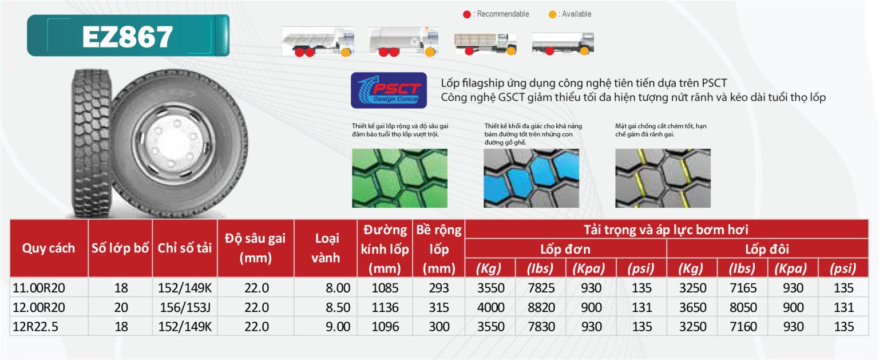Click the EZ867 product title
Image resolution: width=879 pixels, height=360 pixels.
(x=128, y=37)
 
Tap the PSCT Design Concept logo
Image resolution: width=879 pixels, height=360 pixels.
(x=389, y=90)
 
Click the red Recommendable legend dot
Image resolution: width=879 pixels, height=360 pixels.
(x=466, y=14)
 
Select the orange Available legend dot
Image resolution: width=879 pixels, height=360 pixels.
(x=552, y=14)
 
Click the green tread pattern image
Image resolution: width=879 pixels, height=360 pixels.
(x=399, y=178)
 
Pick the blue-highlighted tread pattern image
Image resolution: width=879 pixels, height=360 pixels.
(x=531, y=178)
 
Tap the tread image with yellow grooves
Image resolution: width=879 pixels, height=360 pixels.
(x=663, y=178)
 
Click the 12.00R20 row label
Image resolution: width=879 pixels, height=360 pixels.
(x=39, y=307)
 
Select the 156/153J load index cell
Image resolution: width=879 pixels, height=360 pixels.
(x=185, y=307)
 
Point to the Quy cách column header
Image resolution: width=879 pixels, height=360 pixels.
(x=49, y=248)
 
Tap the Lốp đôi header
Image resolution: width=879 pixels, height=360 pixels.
(x=767, y=250)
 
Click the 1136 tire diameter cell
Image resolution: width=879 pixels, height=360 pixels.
(x=385, y=307)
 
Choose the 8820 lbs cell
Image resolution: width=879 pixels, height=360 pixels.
(x=541, y=307)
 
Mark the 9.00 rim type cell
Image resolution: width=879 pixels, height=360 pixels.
(x=338, y=327)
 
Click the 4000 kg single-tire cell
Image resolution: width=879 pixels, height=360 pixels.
(x=490, y=307)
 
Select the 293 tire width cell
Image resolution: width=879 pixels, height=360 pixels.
(x=439, y=288)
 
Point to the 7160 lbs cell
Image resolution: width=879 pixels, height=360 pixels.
(x=743, y=327)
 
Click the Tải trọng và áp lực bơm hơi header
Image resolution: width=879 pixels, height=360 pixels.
(x=666, y=230)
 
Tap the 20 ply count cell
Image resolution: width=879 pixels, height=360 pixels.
(x=121, y=307)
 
